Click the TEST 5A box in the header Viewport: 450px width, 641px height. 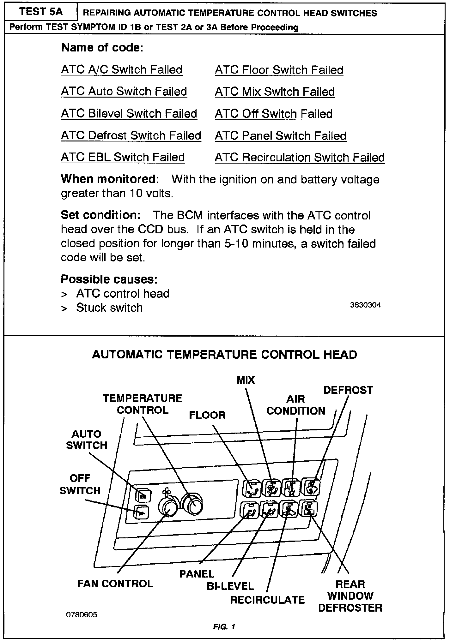41,12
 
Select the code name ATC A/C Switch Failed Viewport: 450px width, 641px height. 122,69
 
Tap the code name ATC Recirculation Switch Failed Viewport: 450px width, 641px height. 300,157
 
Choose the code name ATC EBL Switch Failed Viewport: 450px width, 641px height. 123,157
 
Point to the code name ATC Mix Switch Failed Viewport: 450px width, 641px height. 275,92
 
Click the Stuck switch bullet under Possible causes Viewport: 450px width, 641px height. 109,308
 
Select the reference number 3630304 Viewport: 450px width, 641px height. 365,305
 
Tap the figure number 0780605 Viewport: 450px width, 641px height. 82,615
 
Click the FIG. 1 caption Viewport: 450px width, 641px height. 224,627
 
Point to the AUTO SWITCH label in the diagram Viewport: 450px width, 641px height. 87,440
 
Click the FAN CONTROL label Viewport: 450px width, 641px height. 115,584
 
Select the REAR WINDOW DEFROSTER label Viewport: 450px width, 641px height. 350,596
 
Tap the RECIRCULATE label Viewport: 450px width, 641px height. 267,600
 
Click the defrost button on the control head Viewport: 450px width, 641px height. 312,487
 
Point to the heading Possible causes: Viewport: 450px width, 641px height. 109,279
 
